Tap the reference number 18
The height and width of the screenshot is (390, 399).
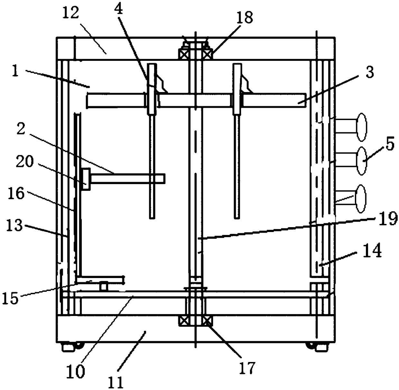point(245,18)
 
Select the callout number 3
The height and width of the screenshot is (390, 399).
point(370,73)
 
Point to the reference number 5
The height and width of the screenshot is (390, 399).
point(390,145)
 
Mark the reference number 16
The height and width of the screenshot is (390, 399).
point(17,194)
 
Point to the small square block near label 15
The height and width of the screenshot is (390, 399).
point(103,286)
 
